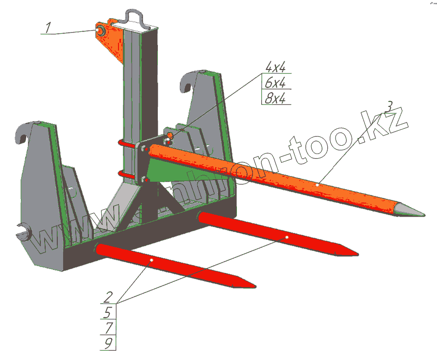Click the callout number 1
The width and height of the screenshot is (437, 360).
click(47, 28)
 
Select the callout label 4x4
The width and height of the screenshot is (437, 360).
click(275, 67)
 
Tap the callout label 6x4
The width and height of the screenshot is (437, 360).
click(275, 83)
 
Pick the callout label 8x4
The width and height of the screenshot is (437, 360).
click(275, 99)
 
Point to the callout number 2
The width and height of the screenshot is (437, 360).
click(108, 296)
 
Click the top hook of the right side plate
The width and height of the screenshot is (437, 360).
click(188, 82)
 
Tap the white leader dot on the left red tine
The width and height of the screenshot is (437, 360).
click(152, 260)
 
